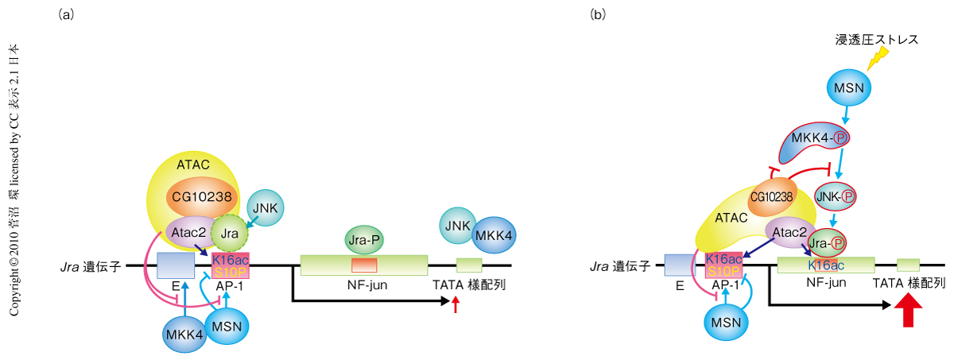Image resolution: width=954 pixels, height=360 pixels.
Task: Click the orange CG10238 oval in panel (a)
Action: pyautogui.click(x=202, y=197)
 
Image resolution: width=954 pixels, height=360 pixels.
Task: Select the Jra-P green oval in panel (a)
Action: pyautogui.click(x=364, y=240)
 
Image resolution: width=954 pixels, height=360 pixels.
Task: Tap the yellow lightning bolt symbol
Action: pyautogui.click(x=878, y=58)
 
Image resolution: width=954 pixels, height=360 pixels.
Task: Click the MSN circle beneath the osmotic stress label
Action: pyautogui.click(x=849, y=87)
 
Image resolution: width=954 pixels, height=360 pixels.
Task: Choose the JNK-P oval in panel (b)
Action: pyautogui.click(x=836, y=196)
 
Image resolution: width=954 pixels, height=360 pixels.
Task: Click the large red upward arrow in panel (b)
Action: pyautogui.click(x=908, y=310)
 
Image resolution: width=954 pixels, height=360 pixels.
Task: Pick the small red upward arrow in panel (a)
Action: pyautogui.click(x=456, y=304)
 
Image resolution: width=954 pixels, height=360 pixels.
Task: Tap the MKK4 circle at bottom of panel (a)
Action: pyautogui.click(x=184, y=335)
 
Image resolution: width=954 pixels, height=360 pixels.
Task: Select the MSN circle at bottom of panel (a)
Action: pyautogui.click(x=227, y=327)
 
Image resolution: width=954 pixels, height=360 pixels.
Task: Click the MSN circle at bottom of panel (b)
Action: pyautogui.click(x=726, y=322)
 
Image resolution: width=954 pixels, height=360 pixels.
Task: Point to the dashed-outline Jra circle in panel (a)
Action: pyautogui.click(x=230, y=233)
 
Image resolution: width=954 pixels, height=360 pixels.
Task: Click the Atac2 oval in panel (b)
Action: pyautogui.click(x=790, y=232)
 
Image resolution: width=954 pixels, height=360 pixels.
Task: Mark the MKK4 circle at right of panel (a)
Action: pyautogui.click(x=494, y=235)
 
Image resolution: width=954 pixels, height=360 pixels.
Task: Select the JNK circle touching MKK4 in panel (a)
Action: pyautogui.click(x=458, y=226)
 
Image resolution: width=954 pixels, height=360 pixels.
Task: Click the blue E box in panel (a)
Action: pyautogui.click(x=176, y=265)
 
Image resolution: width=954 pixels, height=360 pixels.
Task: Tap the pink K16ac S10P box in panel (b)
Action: pyautogui.click(x=723, y=265)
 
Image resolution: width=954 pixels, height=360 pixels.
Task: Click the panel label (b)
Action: pyautogui.click(x=598, y=15)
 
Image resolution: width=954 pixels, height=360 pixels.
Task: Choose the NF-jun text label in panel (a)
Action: pyautogui.click(x=367, y=285)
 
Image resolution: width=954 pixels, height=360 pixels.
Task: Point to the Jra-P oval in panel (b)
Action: pyautogui.click(x=827, y=243)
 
